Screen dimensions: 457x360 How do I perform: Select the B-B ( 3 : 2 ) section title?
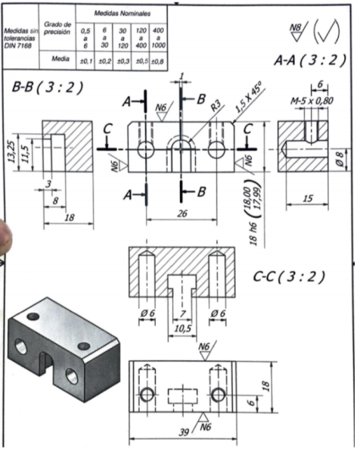(x=47, y=88)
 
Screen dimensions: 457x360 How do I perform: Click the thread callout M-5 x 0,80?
(x=311, y=100)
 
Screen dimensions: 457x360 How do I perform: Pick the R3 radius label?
(x=216, y=108)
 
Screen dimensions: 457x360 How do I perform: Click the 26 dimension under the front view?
(x=182, y=214)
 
